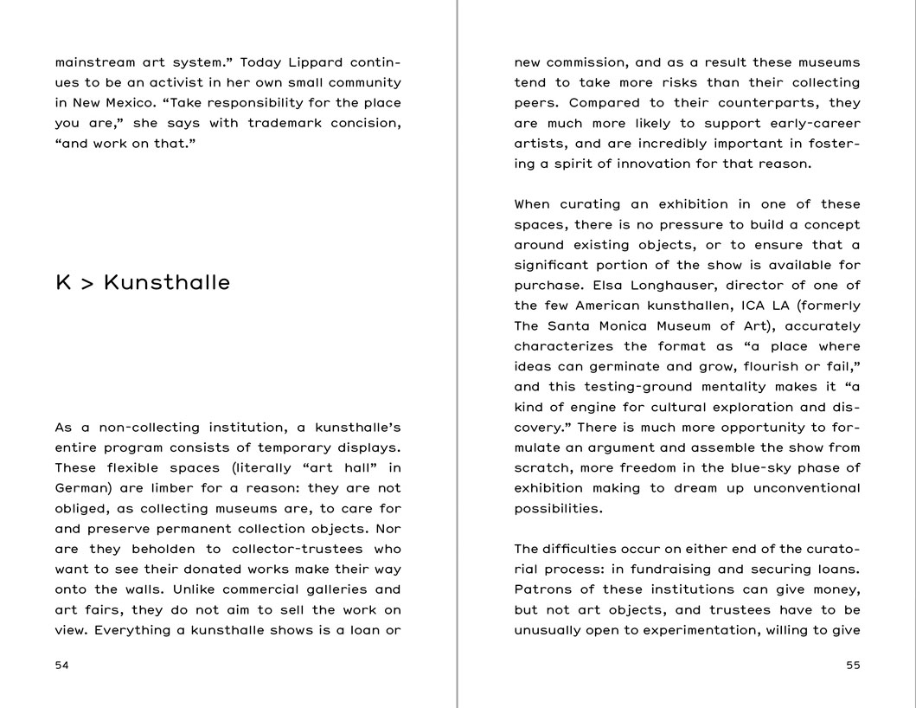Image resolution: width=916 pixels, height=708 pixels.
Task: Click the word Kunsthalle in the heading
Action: pos(167,283)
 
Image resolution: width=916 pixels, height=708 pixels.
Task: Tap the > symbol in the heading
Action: pos(86,284)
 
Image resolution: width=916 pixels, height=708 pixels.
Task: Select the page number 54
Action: pos(61,666)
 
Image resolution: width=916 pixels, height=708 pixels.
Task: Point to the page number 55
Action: pos(853,666)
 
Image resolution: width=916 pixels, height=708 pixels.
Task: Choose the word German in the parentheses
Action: pos(80,489)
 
